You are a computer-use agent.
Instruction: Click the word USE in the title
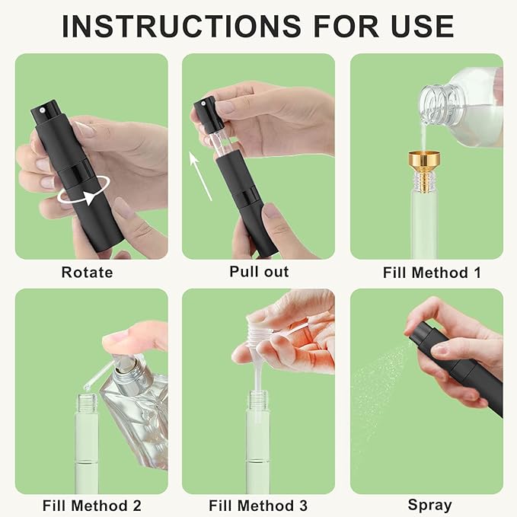click(x=419, y=26)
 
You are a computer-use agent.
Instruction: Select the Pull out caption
click(x=259, y=272)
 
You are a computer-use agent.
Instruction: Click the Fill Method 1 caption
click(x=426, y=272)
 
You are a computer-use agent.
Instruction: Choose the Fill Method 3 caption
click(x=259, y=505)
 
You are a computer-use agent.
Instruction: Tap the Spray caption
click(x=429, y=505)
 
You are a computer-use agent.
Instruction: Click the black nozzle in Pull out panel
click(x=206, y=113)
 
